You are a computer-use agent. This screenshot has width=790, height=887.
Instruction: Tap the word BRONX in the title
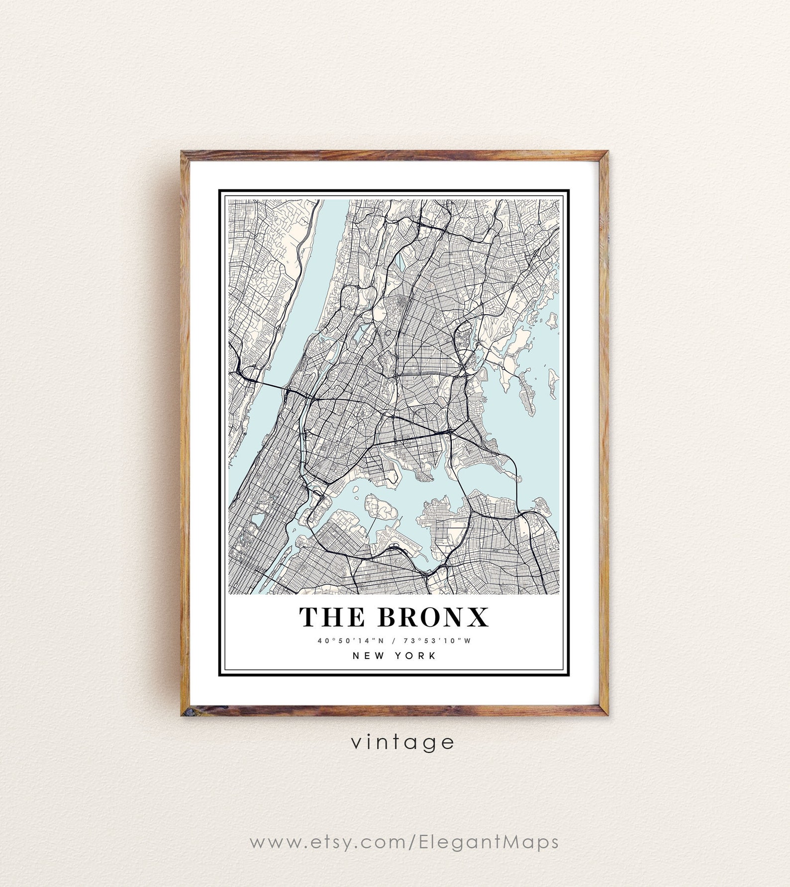(x=433, y=617)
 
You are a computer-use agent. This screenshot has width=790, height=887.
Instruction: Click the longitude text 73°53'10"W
(x=437, y=641)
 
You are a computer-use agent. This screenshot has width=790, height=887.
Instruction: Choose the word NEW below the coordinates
(x=369, y=656)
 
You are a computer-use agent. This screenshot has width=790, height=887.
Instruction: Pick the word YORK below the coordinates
(x=415, y=656)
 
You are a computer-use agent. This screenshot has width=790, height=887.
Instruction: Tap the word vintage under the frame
(x=402, y=742)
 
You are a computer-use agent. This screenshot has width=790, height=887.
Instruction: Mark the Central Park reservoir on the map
(x=257, y=520)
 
